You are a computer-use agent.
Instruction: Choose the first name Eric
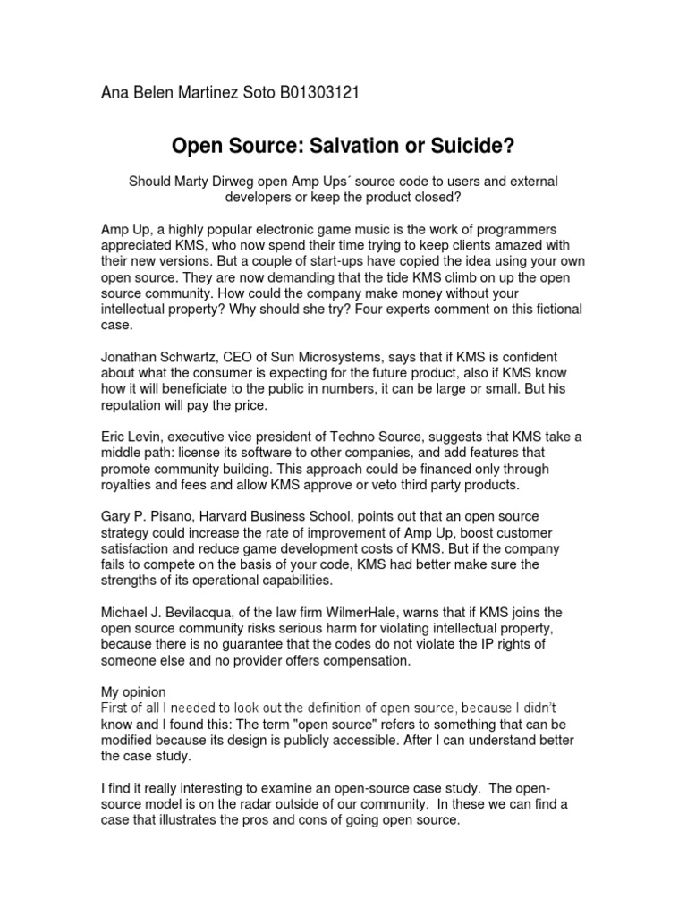pyautogui.click(x=114, y=437)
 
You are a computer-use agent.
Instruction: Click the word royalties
pyautogui.click(x=130, y=485)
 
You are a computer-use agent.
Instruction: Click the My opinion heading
pyautogui.click(x=131, y=692)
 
